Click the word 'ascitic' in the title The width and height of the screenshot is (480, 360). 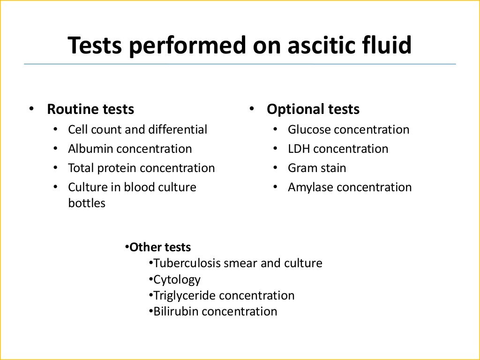coord(313,45)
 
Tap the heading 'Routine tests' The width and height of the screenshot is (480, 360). coord(90,109)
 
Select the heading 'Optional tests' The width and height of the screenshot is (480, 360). coord(313,109)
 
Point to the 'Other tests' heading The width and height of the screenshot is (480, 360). coord(160,247)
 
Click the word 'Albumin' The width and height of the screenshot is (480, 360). coord(90,149)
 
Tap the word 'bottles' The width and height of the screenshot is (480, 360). coord(87,203)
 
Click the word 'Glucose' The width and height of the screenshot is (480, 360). coord(309,129)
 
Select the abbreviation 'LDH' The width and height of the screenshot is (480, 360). coord(299,149)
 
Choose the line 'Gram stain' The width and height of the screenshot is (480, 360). coord(317,168)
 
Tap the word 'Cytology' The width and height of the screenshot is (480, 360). coord(177,280)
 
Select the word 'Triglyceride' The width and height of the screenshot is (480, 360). coord(185,295)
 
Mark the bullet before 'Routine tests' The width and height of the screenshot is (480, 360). coord(31,109)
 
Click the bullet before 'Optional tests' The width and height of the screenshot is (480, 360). coord(251,109)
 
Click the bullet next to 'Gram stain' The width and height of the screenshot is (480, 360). coord(277,168)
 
